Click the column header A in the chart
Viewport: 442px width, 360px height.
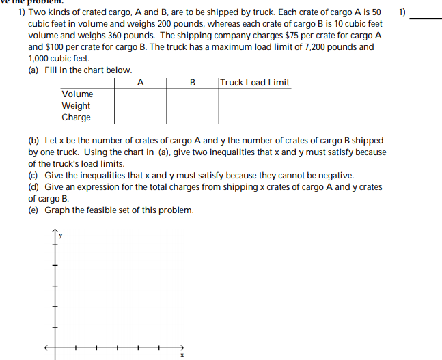[x=140, y=83]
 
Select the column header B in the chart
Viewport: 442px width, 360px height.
[x=193, y=83]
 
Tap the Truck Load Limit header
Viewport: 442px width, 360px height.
[x=255, y=83]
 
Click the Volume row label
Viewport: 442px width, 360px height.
[x=77, y=94]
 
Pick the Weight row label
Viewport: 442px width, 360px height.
[x=76, y=105]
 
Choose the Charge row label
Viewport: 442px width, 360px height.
[x=76, y=117]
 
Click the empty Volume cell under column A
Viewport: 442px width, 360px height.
[x=140, y=94]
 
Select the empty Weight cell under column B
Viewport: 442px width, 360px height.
[x=193, y=106]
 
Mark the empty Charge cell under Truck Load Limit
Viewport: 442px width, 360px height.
[x=255, y=117]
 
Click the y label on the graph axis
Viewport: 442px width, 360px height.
[x=60, y=235]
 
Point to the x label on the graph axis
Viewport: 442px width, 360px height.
[x=182, y=355]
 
